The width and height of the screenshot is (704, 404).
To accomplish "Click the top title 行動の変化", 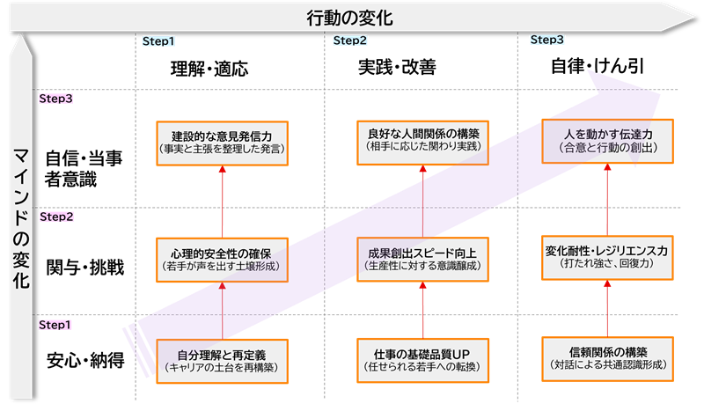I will pos(350,17).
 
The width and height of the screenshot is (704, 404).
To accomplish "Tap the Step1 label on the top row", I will pos(158,41).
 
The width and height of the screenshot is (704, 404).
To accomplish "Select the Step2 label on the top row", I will pos(351,41).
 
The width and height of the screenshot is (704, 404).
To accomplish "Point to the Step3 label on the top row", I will pos(547,40).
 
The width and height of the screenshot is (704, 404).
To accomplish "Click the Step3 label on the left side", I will pos(55,99).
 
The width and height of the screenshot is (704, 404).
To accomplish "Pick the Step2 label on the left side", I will pos(55,217).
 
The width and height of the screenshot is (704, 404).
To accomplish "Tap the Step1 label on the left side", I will pos(55,325).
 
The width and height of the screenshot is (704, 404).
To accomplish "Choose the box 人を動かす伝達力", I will pos(608,141).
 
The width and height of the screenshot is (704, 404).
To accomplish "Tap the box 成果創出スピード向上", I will pos(422,259).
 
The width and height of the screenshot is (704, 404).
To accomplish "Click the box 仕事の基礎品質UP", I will pos(422,359).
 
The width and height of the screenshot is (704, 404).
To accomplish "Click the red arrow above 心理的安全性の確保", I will pos(222,202).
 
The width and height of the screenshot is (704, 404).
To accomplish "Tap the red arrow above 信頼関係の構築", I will pos(607,308).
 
